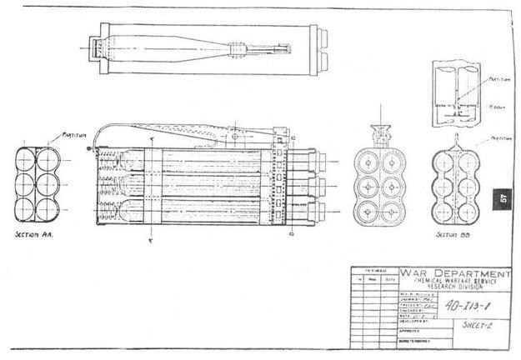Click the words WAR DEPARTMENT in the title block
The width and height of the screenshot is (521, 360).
pyautogui.click(x=453, y=274)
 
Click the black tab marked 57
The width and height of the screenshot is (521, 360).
pyautogui.click(x=503, y=198)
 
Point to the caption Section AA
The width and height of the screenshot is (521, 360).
pyautogui.click(x=36, y=236)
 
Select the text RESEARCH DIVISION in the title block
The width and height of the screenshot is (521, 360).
pyautogui.click(x=454, y=288)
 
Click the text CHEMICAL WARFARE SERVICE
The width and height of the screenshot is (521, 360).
pyautogui.click(x=454, y=282)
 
